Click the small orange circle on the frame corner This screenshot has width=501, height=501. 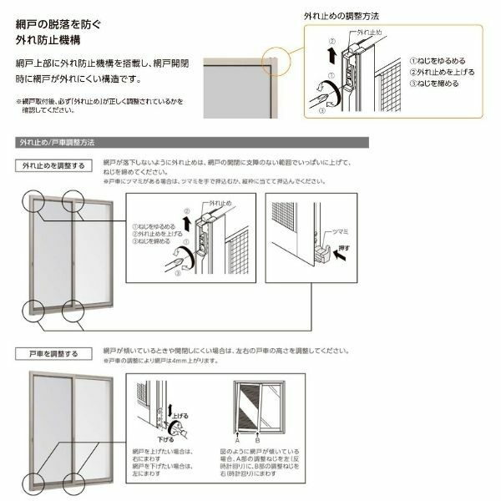point(272,61)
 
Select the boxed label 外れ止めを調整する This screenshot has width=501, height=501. point(53,165)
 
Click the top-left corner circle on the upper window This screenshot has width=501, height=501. point(35,200)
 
